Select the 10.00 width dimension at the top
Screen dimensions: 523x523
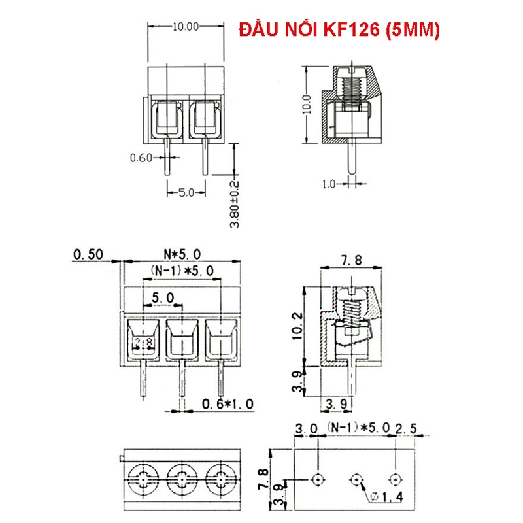(x=184, y=27)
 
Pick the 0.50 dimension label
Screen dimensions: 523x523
(x=89, y=254)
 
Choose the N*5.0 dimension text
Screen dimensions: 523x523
(x=183, y=254)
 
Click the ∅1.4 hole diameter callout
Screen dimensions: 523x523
(x=388, y=498)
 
